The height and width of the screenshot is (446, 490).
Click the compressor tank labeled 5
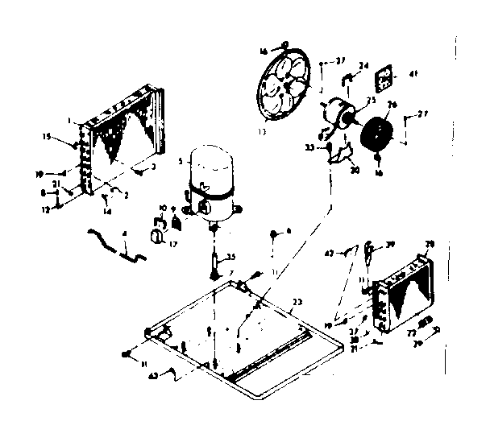pos(210,184)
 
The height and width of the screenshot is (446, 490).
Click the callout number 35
pos(230,258)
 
